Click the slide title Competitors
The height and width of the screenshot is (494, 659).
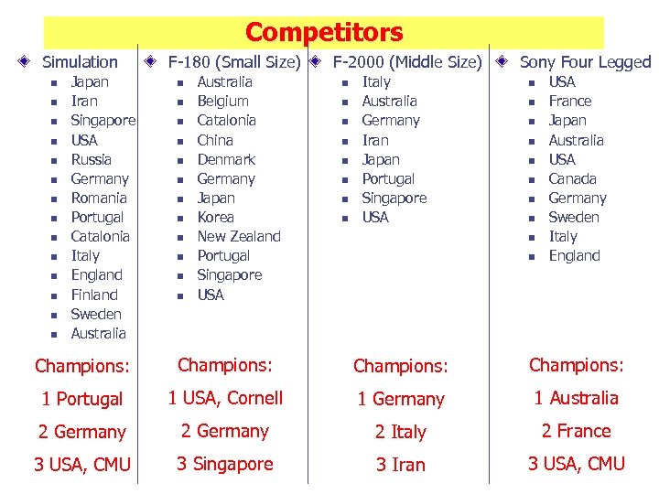[x=324, y=33]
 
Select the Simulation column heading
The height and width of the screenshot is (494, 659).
[x=81, y=62]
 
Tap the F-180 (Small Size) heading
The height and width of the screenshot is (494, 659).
[x=234, y=62]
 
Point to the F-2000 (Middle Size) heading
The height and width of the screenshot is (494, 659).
[x=406, y=62]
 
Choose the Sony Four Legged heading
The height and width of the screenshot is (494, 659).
[x=585, y=62]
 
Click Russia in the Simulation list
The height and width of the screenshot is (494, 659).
[x=92, y=159]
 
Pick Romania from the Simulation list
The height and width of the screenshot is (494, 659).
[x=99, y=198]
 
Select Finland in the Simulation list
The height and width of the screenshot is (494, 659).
[x=94, y=295]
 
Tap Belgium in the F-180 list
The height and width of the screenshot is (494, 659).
[x=222, y=101]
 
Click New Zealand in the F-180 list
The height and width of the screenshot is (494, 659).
[x=239, y=236]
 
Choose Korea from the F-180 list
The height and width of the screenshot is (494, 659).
[x=216, y=217]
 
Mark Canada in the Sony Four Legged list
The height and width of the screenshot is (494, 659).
[x=572, y=178]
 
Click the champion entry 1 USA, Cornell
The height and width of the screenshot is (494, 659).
[x=225, y=398]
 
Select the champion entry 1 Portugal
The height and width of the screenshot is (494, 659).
[x=82, y=399]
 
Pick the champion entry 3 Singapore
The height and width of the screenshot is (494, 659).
[x=225, y=464]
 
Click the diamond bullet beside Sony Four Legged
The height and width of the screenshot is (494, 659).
[x=502, y=62]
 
